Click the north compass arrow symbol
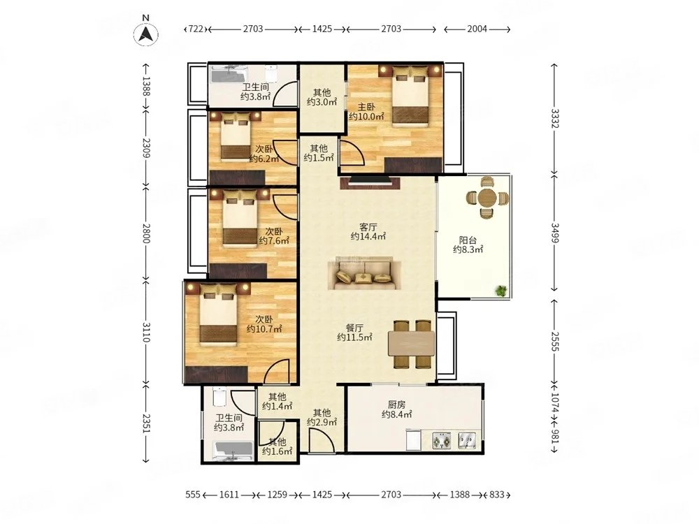[x=146, y=34]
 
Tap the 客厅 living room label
[x=368, y=227]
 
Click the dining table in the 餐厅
[x=412, y=344]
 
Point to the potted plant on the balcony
[x=501, y=291]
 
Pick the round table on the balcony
[x=487, y=198]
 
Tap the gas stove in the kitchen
[x=441, y=440]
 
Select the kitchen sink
[x=467, y=440]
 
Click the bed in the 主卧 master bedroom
[x=410, y=96]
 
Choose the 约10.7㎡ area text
[x=264, y=329]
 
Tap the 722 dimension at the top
[x=196, y=29]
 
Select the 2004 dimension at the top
[x=477, y=29]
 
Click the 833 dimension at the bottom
[x=496, y=495]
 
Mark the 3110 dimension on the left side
[x=147, y=332]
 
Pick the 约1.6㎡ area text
[x=278, y=452]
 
